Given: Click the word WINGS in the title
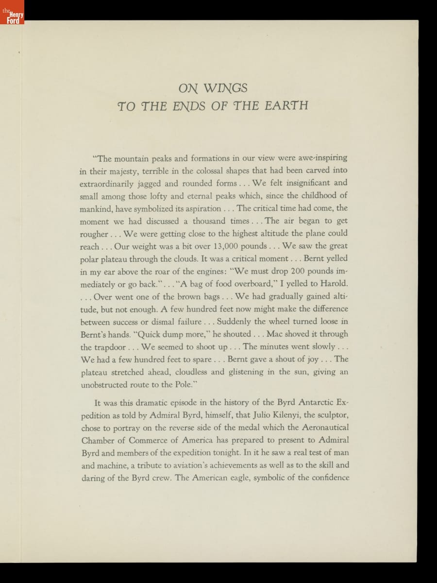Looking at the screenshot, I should pos(225,88).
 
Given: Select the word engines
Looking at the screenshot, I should pos(204,271).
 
